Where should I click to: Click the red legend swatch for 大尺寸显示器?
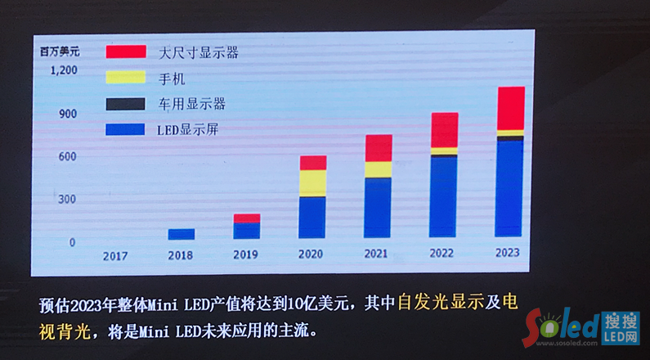126,52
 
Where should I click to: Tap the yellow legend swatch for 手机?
126,78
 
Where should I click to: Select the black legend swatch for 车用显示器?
126,104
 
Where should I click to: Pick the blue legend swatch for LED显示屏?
126,129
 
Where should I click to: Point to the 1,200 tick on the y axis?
63,70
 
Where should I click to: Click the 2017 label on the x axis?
115,254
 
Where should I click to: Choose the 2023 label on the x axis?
507,253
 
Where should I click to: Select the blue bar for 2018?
181,234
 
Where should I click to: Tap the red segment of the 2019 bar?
246,218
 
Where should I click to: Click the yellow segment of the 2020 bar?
312,182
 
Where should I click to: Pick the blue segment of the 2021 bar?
378,207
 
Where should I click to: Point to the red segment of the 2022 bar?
444,129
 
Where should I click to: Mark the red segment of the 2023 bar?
510,107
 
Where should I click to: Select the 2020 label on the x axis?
312,254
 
